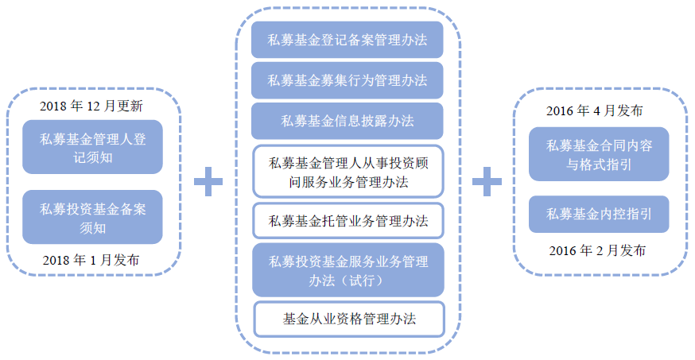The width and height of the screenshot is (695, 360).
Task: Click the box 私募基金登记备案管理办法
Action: click(x=347, y=41)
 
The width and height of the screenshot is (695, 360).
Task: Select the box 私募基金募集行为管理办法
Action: click(x=347, y=80)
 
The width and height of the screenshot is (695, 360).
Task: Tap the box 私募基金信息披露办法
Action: click(x=347, y=121)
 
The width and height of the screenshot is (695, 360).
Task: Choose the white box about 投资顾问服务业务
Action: click(x=347, y=172)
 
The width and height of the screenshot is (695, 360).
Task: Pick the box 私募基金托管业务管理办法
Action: click(x=347, y=222)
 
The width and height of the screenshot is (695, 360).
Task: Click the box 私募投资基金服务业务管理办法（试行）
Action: click(x=347, y=270)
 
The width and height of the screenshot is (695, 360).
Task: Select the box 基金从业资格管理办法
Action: click(x=347, y=319)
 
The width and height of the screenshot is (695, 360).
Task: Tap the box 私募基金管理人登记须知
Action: click(x=92, y=147)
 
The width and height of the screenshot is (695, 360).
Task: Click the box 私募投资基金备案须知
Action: click(x=92, y=217)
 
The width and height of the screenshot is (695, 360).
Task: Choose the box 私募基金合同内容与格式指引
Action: click(x=599, y=154)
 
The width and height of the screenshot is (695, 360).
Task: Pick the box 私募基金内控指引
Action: click(x=599, y=213)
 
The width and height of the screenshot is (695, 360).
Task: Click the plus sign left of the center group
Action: click(x=208, y=181)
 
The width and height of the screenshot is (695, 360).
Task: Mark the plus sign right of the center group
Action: click(x=487, y=181)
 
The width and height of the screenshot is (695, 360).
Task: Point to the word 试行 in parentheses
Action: click(x=365, y=281)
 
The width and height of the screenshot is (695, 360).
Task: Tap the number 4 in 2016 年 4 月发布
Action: click(x=594, y=110)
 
